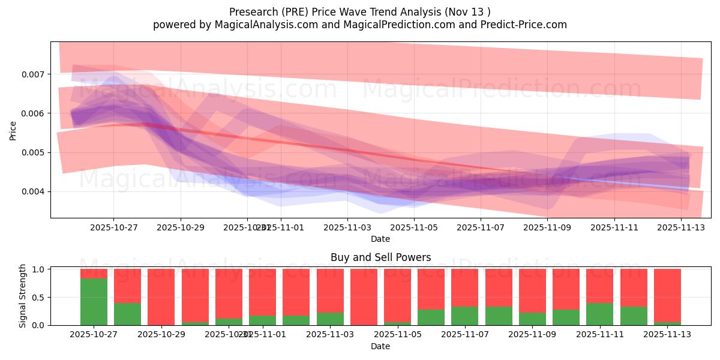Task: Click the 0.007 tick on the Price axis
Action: (35, 74)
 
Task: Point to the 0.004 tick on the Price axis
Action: (35, 192)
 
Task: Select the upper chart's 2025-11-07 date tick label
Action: (480, 228)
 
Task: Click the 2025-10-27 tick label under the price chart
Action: (114, 228)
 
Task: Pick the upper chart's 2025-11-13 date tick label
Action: (681, 228)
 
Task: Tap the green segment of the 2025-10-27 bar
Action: (94, 302)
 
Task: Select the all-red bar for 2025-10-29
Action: (161, 297)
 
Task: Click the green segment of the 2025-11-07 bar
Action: (464, 316)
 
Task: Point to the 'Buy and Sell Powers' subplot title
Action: (380, 258)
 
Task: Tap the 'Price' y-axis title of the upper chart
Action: (13, 130)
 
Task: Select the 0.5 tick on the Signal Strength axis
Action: (39, 298)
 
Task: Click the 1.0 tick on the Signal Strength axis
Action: (39, 269)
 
